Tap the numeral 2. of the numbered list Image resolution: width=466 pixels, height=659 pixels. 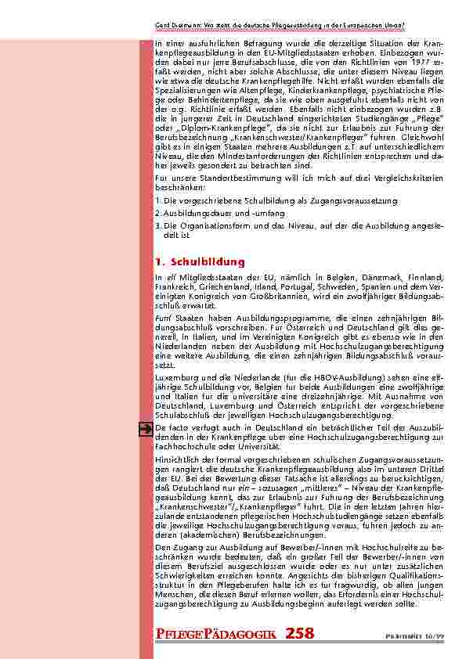click(x=158, y=212)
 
